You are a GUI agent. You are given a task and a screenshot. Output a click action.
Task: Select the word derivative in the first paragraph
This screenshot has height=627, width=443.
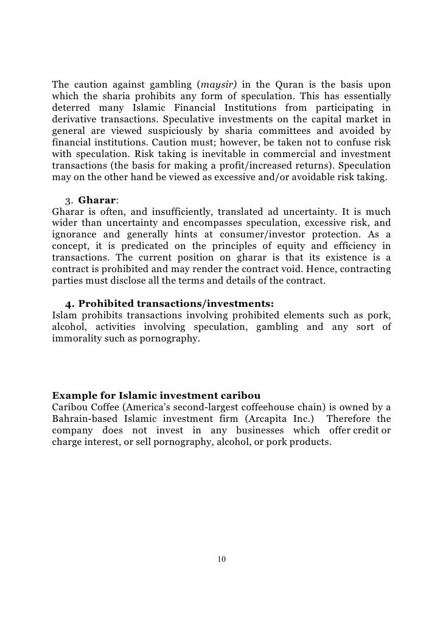coord(76,119)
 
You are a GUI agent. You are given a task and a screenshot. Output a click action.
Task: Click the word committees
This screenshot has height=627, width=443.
coord(294,131)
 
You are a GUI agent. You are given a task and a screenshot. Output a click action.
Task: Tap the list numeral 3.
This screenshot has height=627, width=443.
coord(68,200)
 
